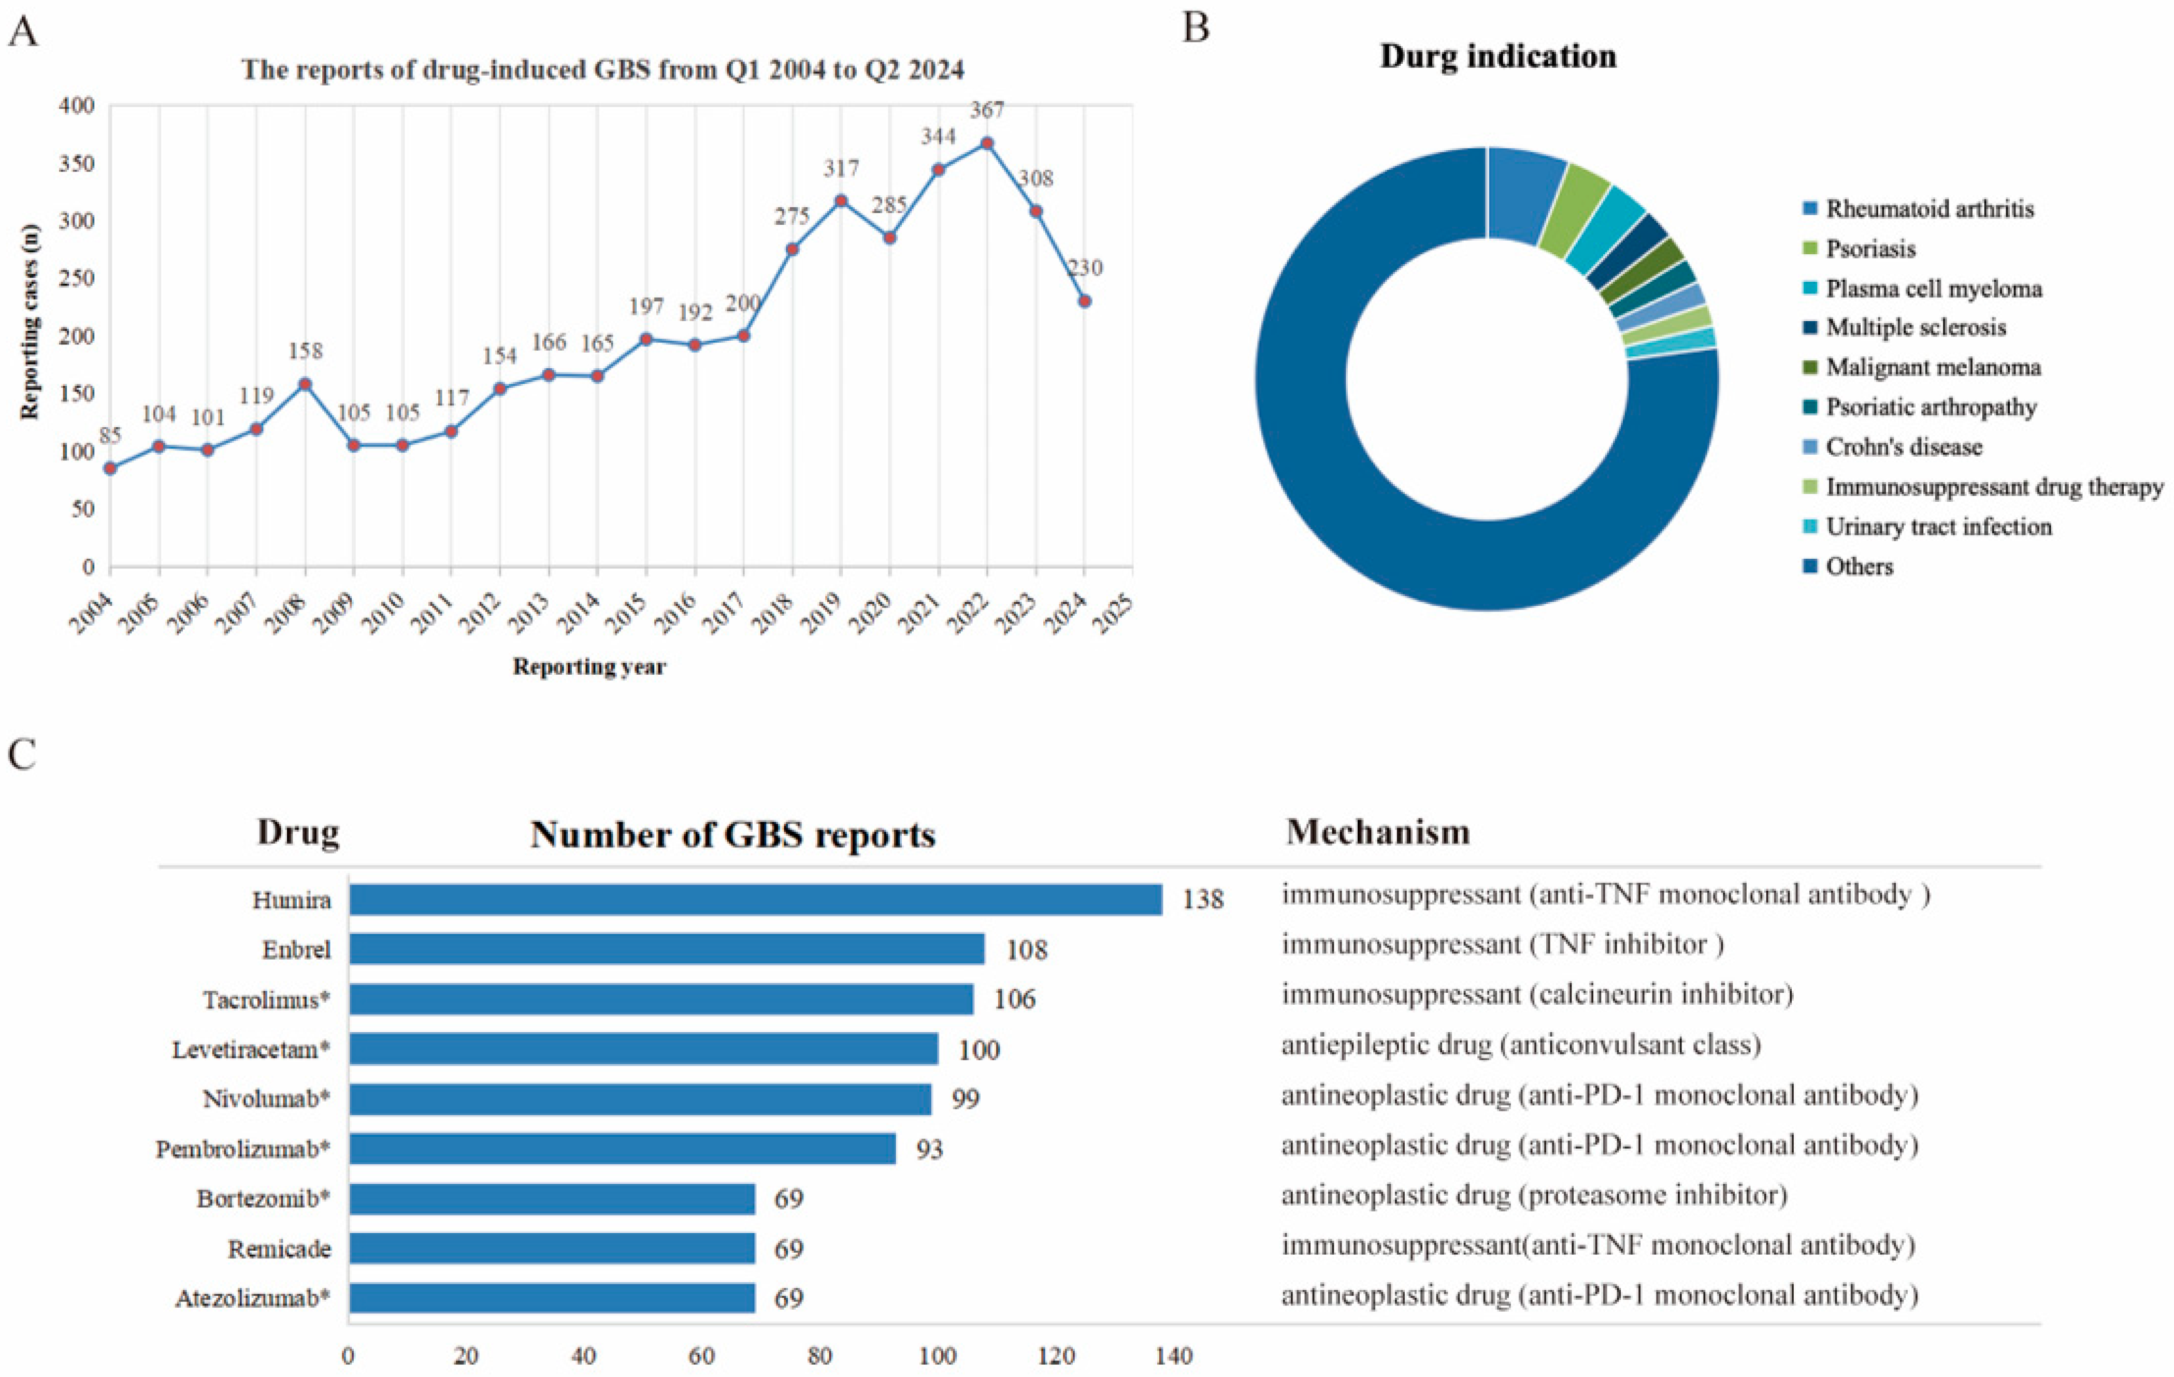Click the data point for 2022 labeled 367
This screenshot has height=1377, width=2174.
[987, 143]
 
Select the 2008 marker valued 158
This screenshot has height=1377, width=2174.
[305, 384]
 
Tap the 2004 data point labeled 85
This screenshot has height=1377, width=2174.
[110, 468]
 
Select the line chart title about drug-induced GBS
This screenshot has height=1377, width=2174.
[602, 69]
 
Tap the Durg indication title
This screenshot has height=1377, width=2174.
[1498, 56]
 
